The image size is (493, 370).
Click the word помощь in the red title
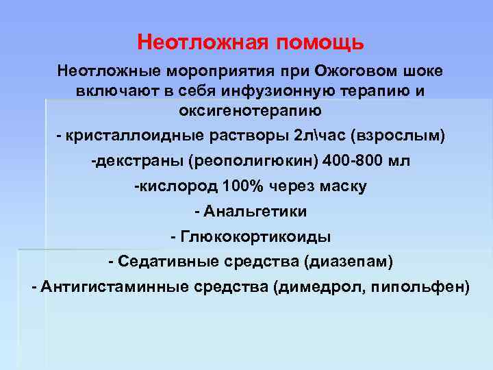(x=320, y=43)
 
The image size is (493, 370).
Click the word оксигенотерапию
(x=249, y=110)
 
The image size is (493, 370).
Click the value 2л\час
(x=320, y=136)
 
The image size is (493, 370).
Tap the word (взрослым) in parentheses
(x=396, y=136)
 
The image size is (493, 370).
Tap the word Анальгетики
(x=255, y=211)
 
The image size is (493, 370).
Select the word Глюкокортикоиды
(x=255, y=236)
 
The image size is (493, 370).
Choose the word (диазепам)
(x=350, y=261)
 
